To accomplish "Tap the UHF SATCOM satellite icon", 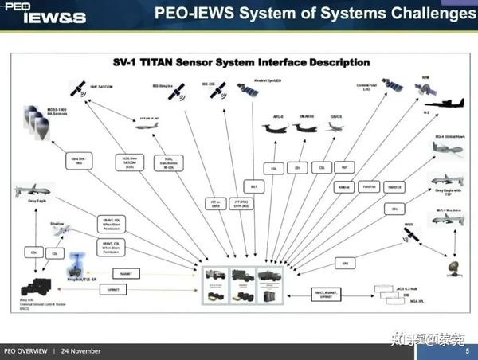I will coord(80,86).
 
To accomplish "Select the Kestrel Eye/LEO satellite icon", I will coord(252,96).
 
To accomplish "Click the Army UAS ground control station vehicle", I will coord(35,286).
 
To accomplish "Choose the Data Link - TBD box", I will coord(76,159).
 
